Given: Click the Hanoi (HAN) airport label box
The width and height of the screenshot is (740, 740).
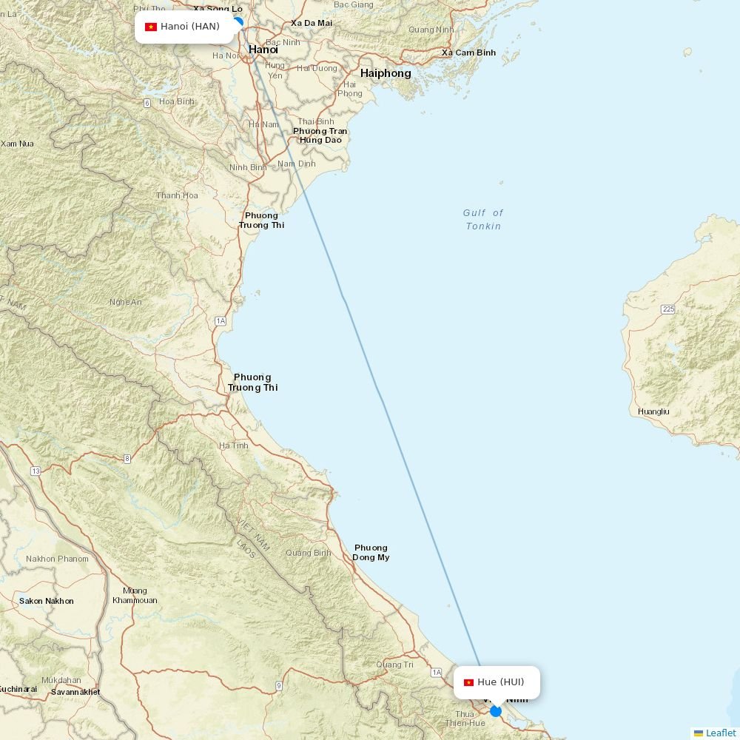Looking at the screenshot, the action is [x=184, y=27].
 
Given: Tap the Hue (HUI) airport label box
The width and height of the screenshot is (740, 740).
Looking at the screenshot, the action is [x=497, y=682].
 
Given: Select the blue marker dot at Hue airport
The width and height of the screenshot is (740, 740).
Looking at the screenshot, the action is [x=496, y=711].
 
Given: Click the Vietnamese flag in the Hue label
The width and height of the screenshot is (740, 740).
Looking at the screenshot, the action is [x=468, y=682].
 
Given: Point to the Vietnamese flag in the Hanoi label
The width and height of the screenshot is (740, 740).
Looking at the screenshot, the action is [x=151, y=27].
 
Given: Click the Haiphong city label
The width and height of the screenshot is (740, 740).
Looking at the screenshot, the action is [x=386, y=73].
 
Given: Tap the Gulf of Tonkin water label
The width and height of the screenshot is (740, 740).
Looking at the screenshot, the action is [x=483, y=219].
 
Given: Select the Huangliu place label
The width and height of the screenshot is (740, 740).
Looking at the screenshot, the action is [x=653, y=411].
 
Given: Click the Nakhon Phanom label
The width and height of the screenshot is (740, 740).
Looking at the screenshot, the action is [x=57, y=559].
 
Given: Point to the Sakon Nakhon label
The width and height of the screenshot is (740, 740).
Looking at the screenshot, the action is [x=47, y=601].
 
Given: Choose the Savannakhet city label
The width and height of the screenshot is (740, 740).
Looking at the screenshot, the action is [x=75, y=692].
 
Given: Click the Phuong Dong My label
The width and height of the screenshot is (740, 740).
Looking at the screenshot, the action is [x=371, y=553].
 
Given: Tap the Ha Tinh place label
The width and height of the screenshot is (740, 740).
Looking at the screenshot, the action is [x=234, y=445].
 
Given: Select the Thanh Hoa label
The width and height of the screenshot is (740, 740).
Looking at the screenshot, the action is [x=177, y=195].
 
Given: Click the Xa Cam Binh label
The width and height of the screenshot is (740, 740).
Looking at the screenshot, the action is [x=468, y=53].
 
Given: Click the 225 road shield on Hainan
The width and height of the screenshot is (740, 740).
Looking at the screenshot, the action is [x=668, y=309].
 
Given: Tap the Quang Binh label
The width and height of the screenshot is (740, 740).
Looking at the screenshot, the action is [x=309, y=553].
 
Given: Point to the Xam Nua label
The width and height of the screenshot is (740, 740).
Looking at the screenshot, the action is [x=17, y=144].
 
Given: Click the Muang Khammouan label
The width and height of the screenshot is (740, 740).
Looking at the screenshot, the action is [x=135, y=596].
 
